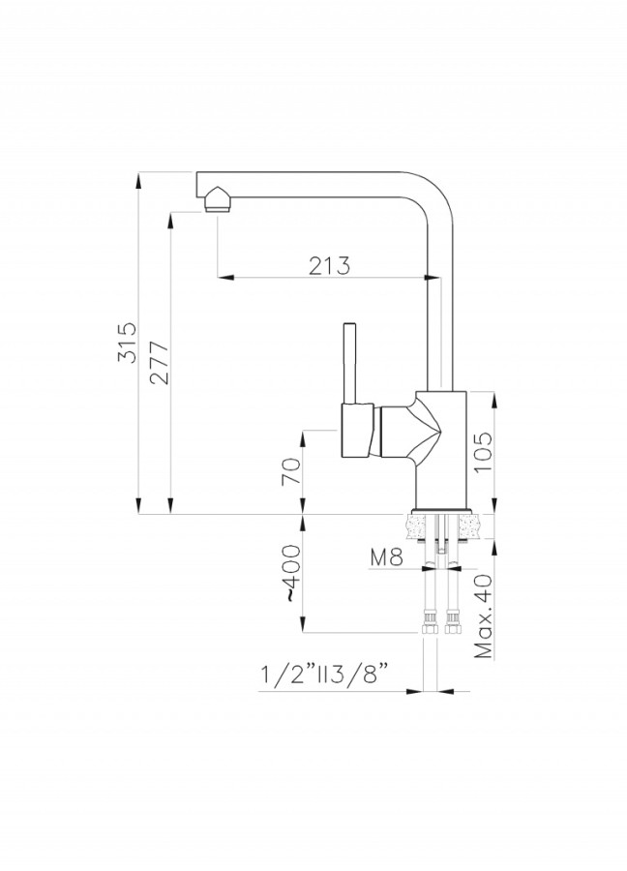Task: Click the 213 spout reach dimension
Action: [x=329, y=265]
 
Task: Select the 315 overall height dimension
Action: [x=127, y=343]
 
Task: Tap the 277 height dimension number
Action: [x=160, y=363]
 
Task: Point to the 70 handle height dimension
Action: [x=291, y=471]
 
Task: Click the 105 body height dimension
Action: [x=482, y=452]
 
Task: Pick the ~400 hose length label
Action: [x=291, y=573]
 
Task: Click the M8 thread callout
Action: [x=386, y=557]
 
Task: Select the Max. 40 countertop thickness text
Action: [x=483, y=616]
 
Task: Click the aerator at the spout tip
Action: [x=219, y=200]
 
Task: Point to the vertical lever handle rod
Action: [x=350, y=363]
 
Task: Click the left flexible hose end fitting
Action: [x=430, y=622]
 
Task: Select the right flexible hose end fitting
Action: [x=452, y=622]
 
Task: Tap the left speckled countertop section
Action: [x=420, y=526]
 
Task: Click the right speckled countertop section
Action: [x=471, y=526]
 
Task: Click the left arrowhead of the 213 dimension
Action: [x=224, y=276]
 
